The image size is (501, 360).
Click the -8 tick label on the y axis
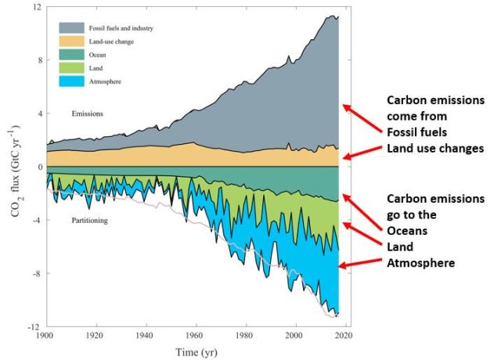34,273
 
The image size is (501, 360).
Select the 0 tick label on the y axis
37,167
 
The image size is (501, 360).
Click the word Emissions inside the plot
86,114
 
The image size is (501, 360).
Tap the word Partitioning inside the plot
88,221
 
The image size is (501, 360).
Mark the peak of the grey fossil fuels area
334,16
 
